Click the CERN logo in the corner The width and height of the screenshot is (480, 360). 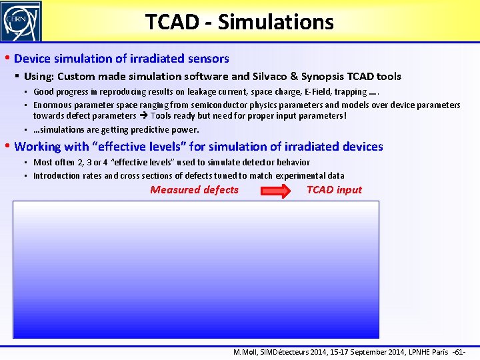tap(21, 21)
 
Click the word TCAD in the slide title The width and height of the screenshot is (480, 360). tap(172, 22)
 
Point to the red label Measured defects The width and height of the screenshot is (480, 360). tap(194, 190)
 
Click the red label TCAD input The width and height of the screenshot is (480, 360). tap(334, 190)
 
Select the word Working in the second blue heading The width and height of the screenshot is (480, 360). tap(37, 147)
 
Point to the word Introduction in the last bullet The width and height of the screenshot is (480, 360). tap(57, 176)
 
